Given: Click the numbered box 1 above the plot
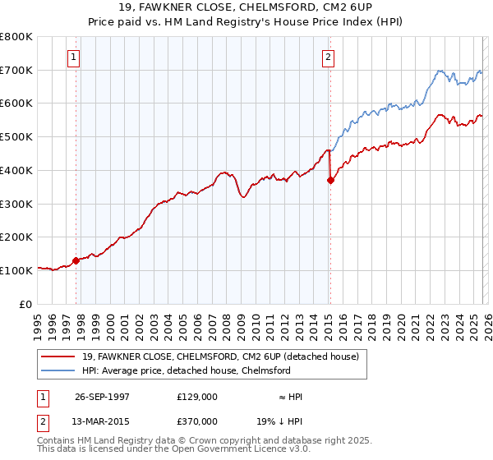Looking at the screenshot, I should click(x=75, y=57).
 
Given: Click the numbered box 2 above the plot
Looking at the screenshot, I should click(x=328, y=57).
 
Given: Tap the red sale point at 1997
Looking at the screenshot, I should click(x=76, y=260).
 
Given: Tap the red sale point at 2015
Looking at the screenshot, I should click(x=330, y=181).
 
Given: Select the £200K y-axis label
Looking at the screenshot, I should click(x=16, y=237).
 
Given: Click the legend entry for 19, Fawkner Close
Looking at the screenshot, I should click(x=220, y=357).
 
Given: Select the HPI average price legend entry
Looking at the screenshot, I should click(x=186, y=371).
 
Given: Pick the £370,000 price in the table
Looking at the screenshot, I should click(x=197, y=421).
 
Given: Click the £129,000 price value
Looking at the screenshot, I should click(x=197, y=397).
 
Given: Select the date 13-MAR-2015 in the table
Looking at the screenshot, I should click(x=98, y=421).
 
